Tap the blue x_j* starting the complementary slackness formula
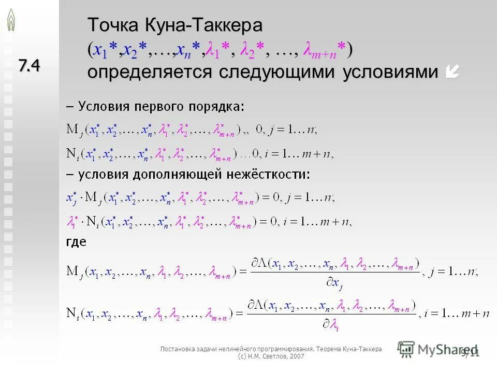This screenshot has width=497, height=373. (x=71, y=198)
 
